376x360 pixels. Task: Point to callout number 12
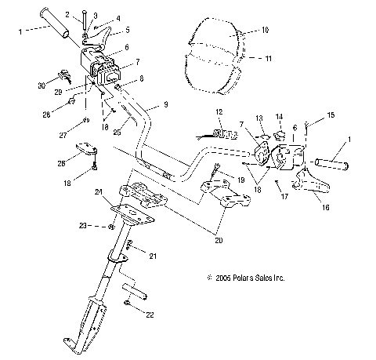(219, 111)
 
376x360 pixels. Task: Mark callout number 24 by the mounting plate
(99, 191)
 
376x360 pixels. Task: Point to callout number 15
(330, 116)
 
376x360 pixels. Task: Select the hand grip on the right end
(334, 164)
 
